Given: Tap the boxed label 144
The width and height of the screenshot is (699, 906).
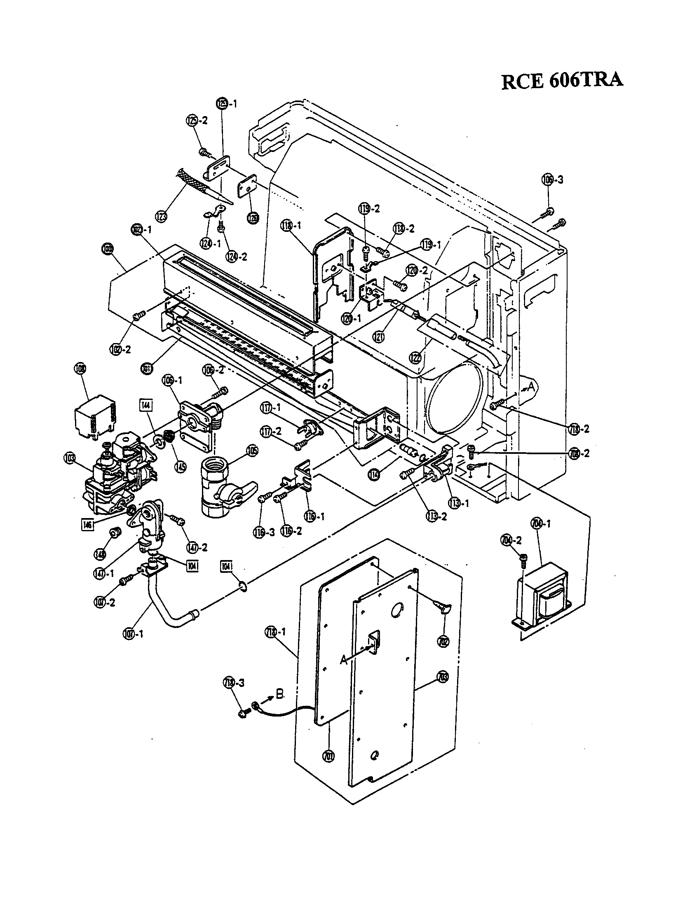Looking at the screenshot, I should [x=146, y=405].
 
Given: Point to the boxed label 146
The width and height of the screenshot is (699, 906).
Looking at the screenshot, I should [x=87, y=524].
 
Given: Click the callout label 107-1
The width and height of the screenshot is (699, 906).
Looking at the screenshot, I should [x=132, y=634].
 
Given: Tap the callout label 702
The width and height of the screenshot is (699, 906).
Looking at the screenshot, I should [x=443, y=641].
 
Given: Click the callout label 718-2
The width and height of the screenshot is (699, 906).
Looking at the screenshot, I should [x=578, y=429].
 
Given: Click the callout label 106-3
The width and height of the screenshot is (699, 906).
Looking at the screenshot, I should [x=552, y=180].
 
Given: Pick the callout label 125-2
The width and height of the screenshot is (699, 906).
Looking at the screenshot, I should [x=196, y=121].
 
